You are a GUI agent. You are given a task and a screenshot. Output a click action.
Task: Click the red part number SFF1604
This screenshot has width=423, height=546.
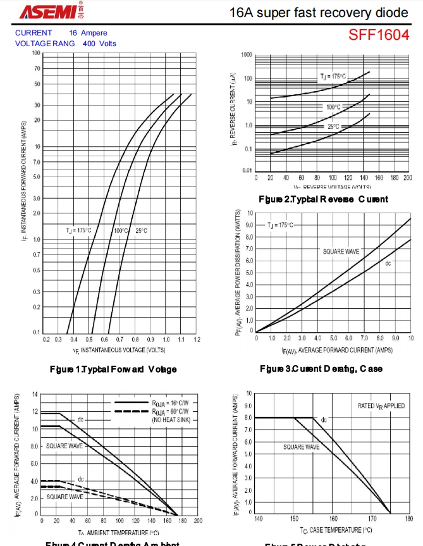379,35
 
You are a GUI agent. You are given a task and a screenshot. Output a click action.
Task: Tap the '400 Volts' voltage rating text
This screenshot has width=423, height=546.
99,44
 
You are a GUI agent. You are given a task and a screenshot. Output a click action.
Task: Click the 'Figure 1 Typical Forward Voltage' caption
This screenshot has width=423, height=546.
113,369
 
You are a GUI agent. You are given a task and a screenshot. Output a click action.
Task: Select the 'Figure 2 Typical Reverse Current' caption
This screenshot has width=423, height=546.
323,199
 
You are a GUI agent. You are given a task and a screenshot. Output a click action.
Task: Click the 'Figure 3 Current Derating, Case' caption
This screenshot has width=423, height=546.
321,368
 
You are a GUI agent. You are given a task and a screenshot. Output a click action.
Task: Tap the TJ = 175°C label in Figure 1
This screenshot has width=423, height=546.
79,230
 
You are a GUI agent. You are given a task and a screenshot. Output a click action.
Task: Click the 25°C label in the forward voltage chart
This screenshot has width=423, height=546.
141,230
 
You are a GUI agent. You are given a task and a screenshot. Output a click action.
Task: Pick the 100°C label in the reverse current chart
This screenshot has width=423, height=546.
333,107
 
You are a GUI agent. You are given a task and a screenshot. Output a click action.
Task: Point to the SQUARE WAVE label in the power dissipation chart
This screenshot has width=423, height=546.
341,252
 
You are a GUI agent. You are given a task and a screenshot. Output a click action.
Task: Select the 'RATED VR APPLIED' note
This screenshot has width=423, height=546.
381,406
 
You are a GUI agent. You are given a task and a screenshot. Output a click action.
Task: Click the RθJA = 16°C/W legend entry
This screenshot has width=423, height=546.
170,403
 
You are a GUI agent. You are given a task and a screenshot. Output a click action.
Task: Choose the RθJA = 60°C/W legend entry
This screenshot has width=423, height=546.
170,411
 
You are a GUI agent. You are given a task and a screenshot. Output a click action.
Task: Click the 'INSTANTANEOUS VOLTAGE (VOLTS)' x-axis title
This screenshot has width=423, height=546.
119,350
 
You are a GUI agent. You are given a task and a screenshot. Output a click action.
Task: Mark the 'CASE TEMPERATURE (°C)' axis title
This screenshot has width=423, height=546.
336,530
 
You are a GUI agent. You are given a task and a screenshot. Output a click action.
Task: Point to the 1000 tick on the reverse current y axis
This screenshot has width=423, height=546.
246,55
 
